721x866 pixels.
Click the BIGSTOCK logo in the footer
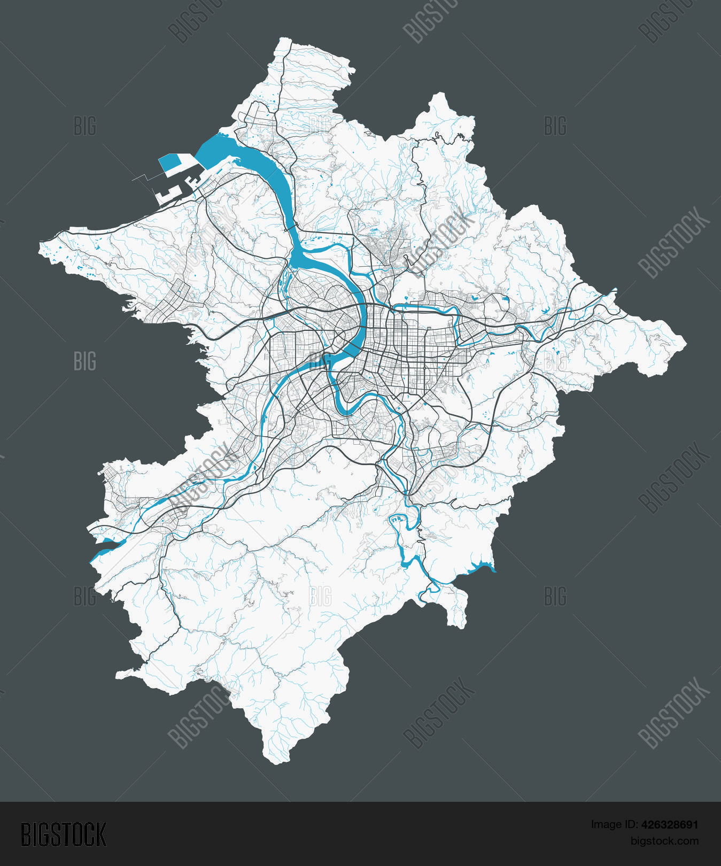tap(64, 834)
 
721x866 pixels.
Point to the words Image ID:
tap(614, 825)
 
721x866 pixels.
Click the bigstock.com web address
tap(664, 841)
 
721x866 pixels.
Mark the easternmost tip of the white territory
tap(686, 343)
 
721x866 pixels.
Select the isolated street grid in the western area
tap(171, 302)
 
